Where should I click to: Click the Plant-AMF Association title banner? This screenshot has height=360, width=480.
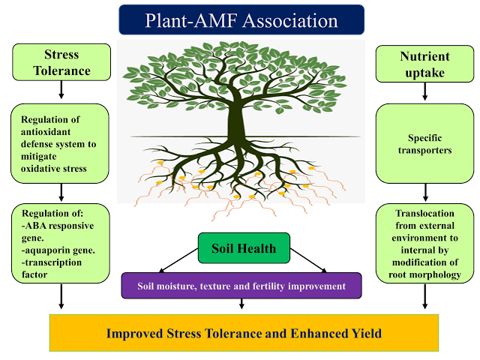click(241, 19)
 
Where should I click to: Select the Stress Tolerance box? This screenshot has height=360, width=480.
click(61, 62)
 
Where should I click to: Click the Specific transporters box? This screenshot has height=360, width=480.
click(425, 144)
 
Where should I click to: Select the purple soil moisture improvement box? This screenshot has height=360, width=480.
click(241, 286)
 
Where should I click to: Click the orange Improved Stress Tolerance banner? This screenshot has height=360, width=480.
click(244, 333)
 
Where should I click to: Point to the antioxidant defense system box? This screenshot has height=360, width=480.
click(61, 144)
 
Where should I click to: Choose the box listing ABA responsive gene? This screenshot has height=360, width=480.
click(61, 243)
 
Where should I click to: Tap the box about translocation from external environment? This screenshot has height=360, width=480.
click(425, 243)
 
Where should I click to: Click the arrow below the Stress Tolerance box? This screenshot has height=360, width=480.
click(61, 91)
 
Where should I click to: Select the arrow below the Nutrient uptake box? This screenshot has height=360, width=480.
click(425, 91)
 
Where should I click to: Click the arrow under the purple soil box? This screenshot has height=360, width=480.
click(241, 304)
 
